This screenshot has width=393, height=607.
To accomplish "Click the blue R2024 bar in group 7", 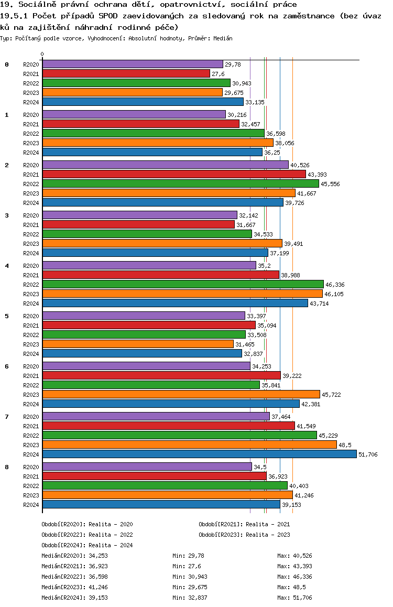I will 199,454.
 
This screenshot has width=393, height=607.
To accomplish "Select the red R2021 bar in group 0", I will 126,73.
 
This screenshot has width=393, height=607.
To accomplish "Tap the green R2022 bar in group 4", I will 183,284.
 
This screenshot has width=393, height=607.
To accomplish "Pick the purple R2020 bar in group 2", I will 165,165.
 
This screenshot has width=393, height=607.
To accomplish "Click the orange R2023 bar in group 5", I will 138,344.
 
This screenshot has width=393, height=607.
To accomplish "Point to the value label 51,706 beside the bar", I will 368,454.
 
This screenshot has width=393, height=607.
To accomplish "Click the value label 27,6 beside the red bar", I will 218,74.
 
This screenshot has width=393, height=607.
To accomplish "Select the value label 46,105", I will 334,294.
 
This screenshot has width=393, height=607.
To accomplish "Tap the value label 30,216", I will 237,115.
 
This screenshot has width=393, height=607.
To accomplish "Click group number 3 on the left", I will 7,215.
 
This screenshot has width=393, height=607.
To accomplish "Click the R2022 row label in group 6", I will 31,385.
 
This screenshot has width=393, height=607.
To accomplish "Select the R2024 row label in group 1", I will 31,153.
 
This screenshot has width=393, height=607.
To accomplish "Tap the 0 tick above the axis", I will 42,54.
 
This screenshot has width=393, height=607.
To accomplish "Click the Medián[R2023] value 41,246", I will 99,587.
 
